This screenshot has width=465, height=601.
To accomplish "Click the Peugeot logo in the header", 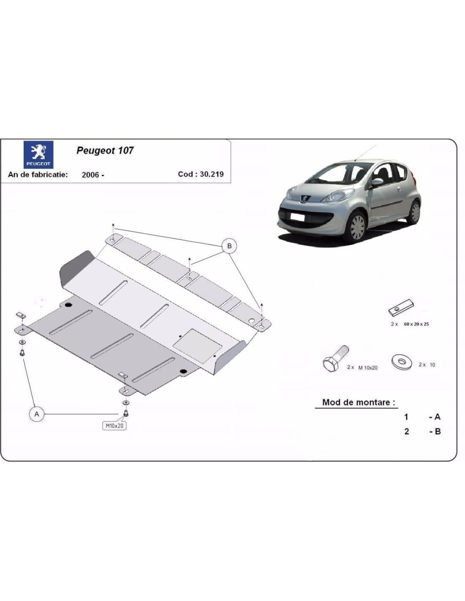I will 38,155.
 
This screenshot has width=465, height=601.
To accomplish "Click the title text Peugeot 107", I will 105,150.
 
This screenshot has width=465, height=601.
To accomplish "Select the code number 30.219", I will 212,174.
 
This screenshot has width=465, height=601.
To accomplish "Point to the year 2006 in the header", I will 90,175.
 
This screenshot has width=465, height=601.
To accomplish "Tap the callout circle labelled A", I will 37,414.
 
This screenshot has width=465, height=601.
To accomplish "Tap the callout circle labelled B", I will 230,246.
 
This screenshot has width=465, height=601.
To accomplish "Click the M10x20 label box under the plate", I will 114,426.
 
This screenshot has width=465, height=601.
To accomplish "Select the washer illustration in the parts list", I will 402,362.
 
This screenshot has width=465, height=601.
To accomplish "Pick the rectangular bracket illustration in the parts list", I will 401,309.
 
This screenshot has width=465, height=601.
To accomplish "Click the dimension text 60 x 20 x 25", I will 416,324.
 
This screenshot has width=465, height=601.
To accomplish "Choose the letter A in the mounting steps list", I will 437,417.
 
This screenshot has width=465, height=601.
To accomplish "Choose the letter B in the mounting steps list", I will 438,432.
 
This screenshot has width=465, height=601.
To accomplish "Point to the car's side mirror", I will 376,183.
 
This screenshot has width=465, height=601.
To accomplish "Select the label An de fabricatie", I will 38,175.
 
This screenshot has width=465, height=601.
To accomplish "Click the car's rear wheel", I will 414,211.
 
